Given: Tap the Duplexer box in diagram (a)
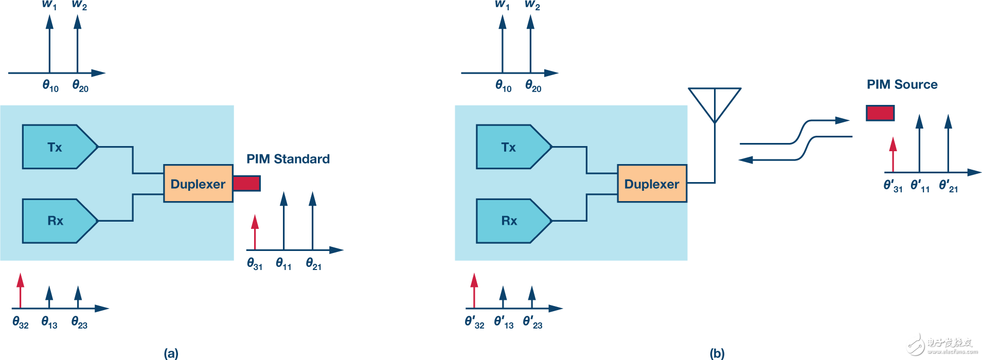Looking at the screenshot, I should (x=198, y=184).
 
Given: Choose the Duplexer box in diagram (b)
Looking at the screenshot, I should (x=652, y=184).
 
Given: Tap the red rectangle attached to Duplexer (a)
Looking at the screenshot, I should (x=246, y=183).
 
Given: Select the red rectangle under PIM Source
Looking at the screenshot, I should (x=880, y=113).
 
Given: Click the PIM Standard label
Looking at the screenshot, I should (x=288, y=159).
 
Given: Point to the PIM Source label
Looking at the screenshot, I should (x=902, y=84).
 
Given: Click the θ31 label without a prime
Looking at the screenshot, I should (x=255, y=264).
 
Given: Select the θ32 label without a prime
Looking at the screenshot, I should (x=21, y=323).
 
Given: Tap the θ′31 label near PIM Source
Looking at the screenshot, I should (x=892, y=186).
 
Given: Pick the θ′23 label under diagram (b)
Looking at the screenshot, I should (x=532, y=322).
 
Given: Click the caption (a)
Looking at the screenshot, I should (x=171, y=353).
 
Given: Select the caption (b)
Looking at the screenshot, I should (x=717, y=353).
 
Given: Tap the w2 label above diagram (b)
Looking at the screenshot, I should (x=532, y=5).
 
